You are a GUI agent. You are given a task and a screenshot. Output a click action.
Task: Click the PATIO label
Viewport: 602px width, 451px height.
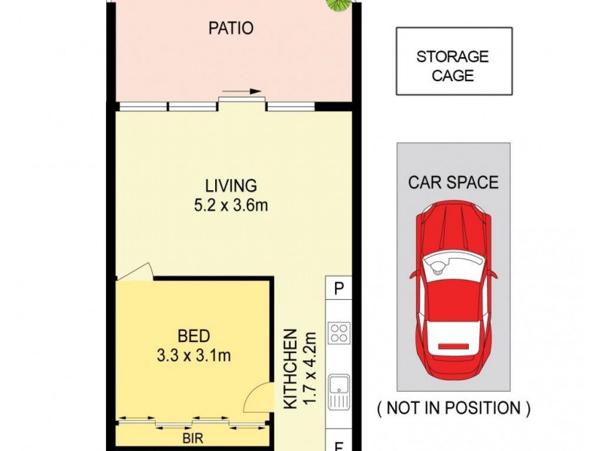231,28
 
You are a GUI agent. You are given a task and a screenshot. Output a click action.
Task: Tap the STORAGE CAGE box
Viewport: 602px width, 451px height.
455,61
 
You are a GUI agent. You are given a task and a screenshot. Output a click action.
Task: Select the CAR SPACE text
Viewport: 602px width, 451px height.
453,182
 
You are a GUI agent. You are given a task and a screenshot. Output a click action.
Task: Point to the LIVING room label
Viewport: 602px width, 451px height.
231,186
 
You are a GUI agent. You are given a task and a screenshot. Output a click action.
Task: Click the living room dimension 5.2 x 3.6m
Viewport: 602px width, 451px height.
231,205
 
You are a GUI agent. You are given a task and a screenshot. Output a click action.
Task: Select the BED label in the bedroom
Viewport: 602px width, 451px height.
193,336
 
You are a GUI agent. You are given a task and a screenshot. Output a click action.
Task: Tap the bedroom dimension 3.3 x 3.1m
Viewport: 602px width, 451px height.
193,356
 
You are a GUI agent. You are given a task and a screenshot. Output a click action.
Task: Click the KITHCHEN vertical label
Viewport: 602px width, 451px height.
290,368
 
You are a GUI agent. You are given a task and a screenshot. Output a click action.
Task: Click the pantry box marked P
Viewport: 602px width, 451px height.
338,288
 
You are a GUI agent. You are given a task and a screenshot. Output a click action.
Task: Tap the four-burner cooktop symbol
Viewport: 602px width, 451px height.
339,332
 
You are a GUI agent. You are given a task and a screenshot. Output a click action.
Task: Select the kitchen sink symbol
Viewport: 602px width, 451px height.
339,392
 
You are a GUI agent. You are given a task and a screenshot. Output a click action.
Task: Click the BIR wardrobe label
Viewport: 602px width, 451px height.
193,437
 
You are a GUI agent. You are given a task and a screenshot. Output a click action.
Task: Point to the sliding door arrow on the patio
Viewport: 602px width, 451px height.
242,91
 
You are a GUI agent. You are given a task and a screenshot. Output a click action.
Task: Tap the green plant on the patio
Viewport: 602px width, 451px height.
338,5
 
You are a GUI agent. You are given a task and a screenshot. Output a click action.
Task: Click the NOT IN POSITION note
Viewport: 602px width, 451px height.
454,408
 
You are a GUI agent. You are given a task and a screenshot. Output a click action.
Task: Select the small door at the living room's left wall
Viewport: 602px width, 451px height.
135,272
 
